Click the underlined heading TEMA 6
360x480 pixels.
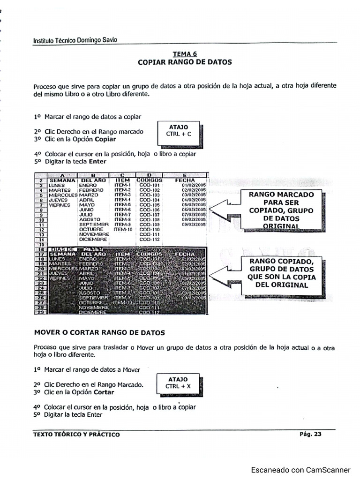tap(185, 54)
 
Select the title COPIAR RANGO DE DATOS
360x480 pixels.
tap(185, 62)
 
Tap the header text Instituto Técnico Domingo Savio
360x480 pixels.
tap(75, 40)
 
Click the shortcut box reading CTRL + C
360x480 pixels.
tap(179, 131)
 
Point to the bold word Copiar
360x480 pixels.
tap(105, 139)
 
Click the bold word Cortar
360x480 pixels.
tap(104, 392)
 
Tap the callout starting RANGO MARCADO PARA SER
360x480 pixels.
tap(281, 210)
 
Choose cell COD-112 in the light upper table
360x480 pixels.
tap(150, 240)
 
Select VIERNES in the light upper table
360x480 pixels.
tap(60, 205)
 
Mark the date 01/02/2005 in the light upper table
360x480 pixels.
tap(194, 185)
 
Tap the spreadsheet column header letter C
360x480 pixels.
tap(122, 175)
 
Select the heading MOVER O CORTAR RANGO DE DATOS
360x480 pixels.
tap(99, 332)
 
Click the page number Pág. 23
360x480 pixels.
tap(310, 434)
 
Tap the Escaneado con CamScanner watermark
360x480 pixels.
tap(300, 470)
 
